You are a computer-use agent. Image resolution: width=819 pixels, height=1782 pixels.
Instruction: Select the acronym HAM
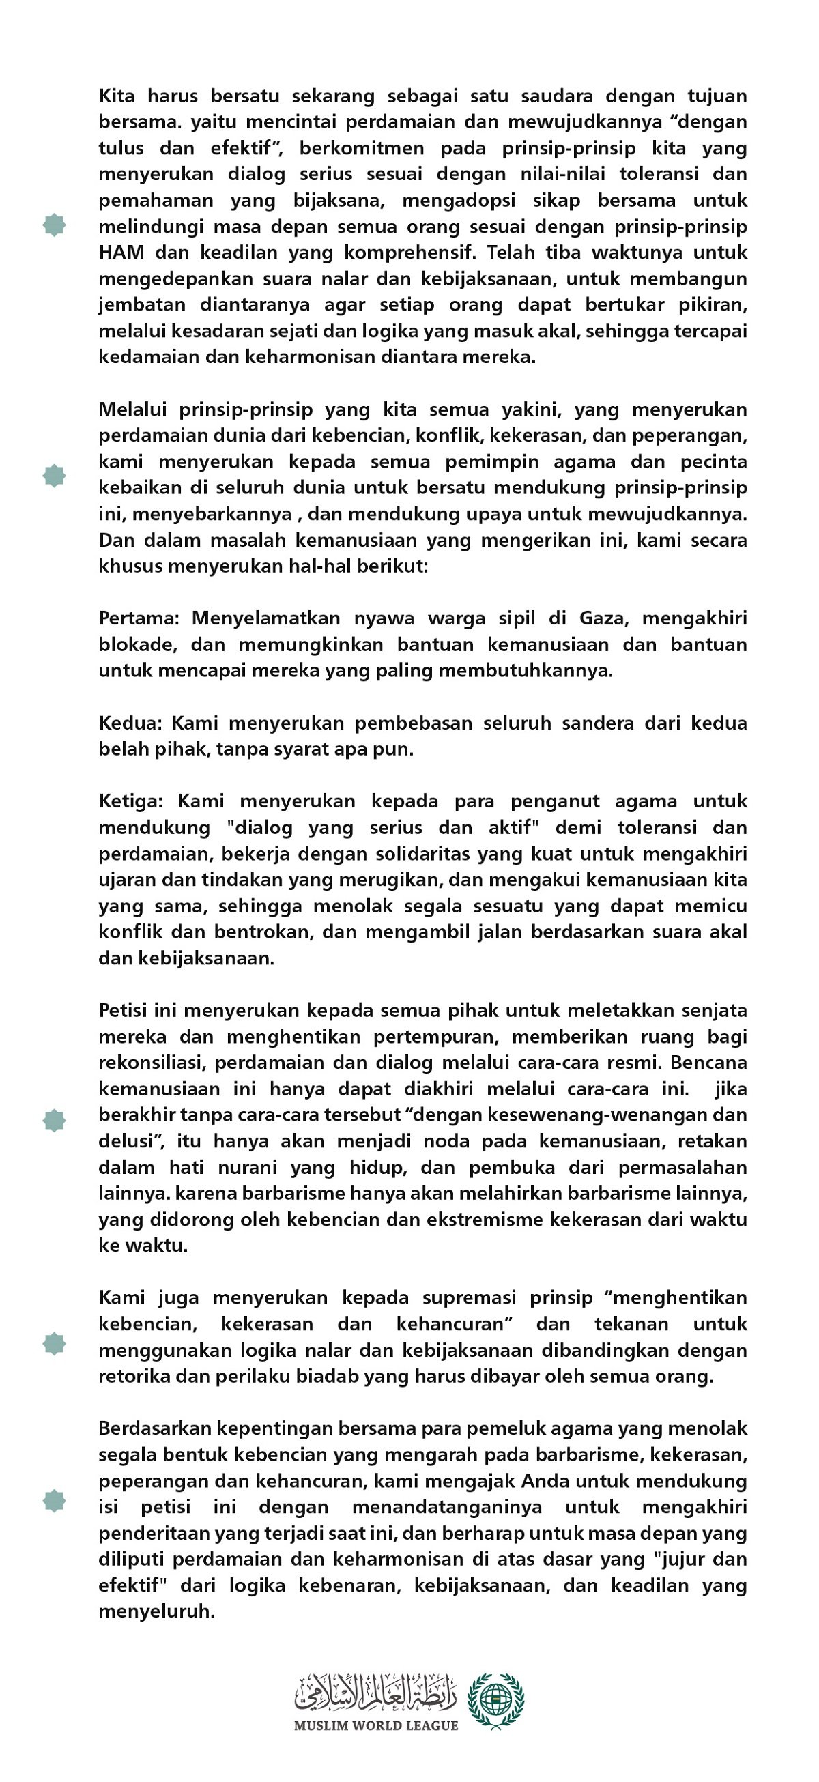[121, 253]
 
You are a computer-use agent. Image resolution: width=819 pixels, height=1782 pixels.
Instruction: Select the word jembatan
[143, 305]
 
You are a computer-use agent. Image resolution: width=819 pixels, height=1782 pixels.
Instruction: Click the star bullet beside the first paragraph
[54, 225]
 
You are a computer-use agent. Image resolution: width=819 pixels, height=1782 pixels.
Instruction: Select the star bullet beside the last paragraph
[54, 1501]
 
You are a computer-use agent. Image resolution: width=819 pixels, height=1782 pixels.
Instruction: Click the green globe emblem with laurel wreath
[496, 1700]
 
